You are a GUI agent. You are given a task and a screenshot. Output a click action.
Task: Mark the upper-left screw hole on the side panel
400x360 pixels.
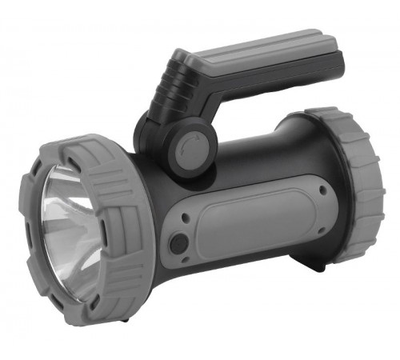(x=185, y=218)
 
